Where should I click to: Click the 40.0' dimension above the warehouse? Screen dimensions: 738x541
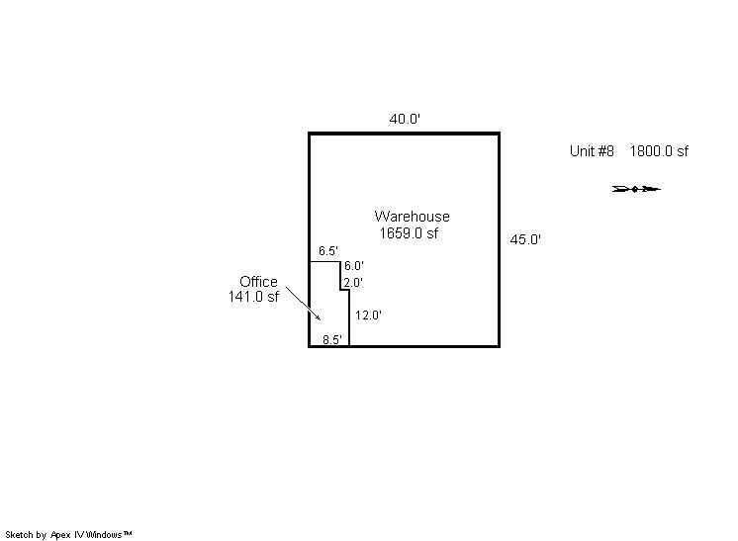click(x=405, y=119)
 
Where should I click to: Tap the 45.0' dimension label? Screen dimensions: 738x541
click(x=525, y=239)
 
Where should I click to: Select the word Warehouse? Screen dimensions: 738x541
click(x=412, y=217)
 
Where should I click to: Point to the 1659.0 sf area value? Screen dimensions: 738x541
click(x=409, y=232)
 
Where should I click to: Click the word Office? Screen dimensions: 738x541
click(x=258, y=282)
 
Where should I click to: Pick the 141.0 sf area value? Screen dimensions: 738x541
click(x=253, y=297)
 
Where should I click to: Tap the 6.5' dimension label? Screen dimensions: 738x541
click(x=328, y=251)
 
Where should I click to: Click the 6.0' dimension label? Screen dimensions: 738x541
click(x=353, y=266)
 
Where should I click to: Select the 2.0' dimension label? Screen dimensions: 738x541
click(x=353, y=283)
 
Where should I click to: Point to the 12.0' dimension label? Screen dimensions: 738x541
click(x=368, y=316)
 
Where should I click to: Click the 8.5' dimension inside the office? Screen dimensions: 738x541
click(x=332, y=339)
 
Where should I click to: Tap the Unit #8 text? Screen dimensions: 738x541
click(x=592, y=151)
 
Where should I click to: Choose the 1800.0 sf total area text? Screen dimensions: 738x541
click(x=659, y=151)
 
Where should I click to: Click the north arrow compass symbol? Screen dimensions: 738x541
click(x=636, y=189)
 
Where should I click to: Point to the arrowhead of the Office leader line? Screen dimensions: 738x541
click(x=321, y=319)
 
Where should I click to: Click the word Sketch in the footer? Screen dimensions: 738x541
click(x=20, y=534)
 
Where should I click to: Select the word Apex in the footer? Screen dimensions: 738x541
click(x=60, y=535)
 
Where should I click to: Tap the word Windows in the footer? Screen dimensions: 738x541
click(x=104, y=534)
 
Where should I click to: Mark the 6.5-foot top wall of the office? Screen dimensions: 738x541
click(x=324, y=261)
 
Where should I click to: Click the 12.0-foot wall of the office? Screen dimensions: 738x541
click(x=349, y=318)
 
